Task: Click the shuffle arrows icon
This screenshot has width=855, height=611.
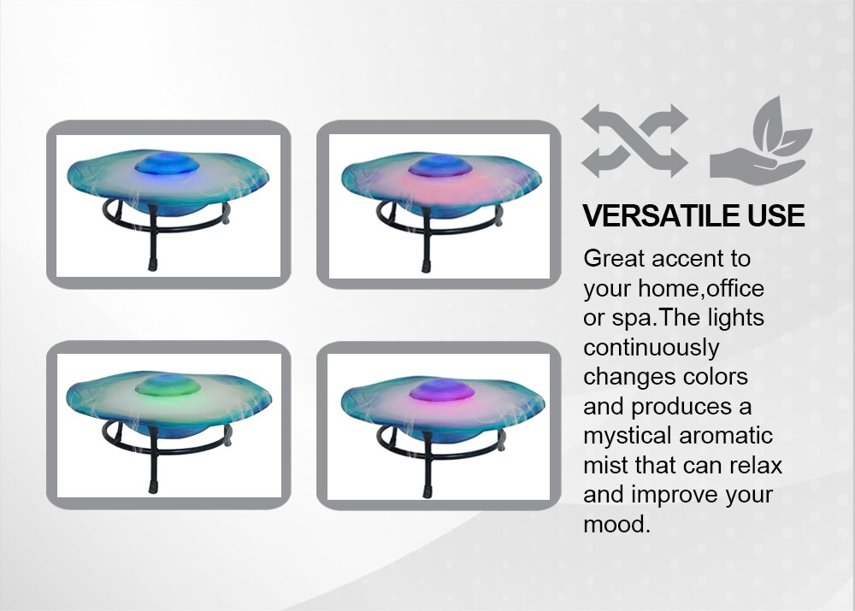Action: click(x=634, y=141)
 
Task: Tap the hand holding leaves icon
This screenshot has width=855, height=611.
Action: click(x=761, y=141)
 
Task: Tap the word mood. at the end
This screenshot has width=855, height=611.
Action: click(x=616, y=525)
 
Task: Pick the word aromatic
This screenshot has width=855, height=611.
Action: click(x=726, y=436)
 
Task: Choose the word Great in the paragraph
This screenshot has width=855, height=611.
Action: click(x=613, y=258)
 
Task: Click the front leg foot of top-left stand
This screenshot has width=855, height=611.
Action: click(x=152, y=266)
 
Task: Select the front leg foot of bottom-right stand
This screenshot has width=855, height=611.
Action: click(x=427, y=491)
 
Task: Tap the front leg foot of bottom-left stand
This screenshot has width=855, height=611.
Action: click(x=153, y=487)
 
